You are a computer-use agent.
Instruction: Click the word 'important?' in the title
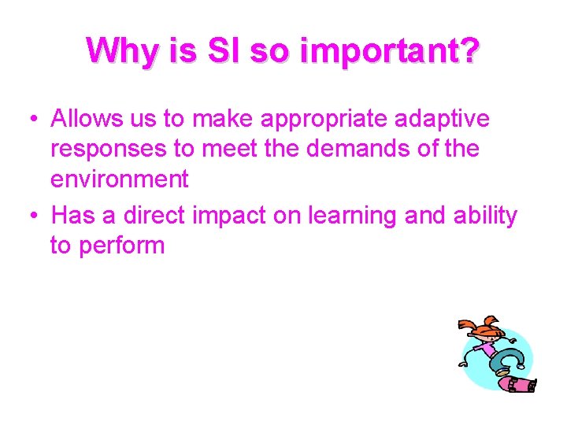click(389, 51)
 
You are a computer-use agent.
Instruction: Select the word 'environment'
click(120, 179)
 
